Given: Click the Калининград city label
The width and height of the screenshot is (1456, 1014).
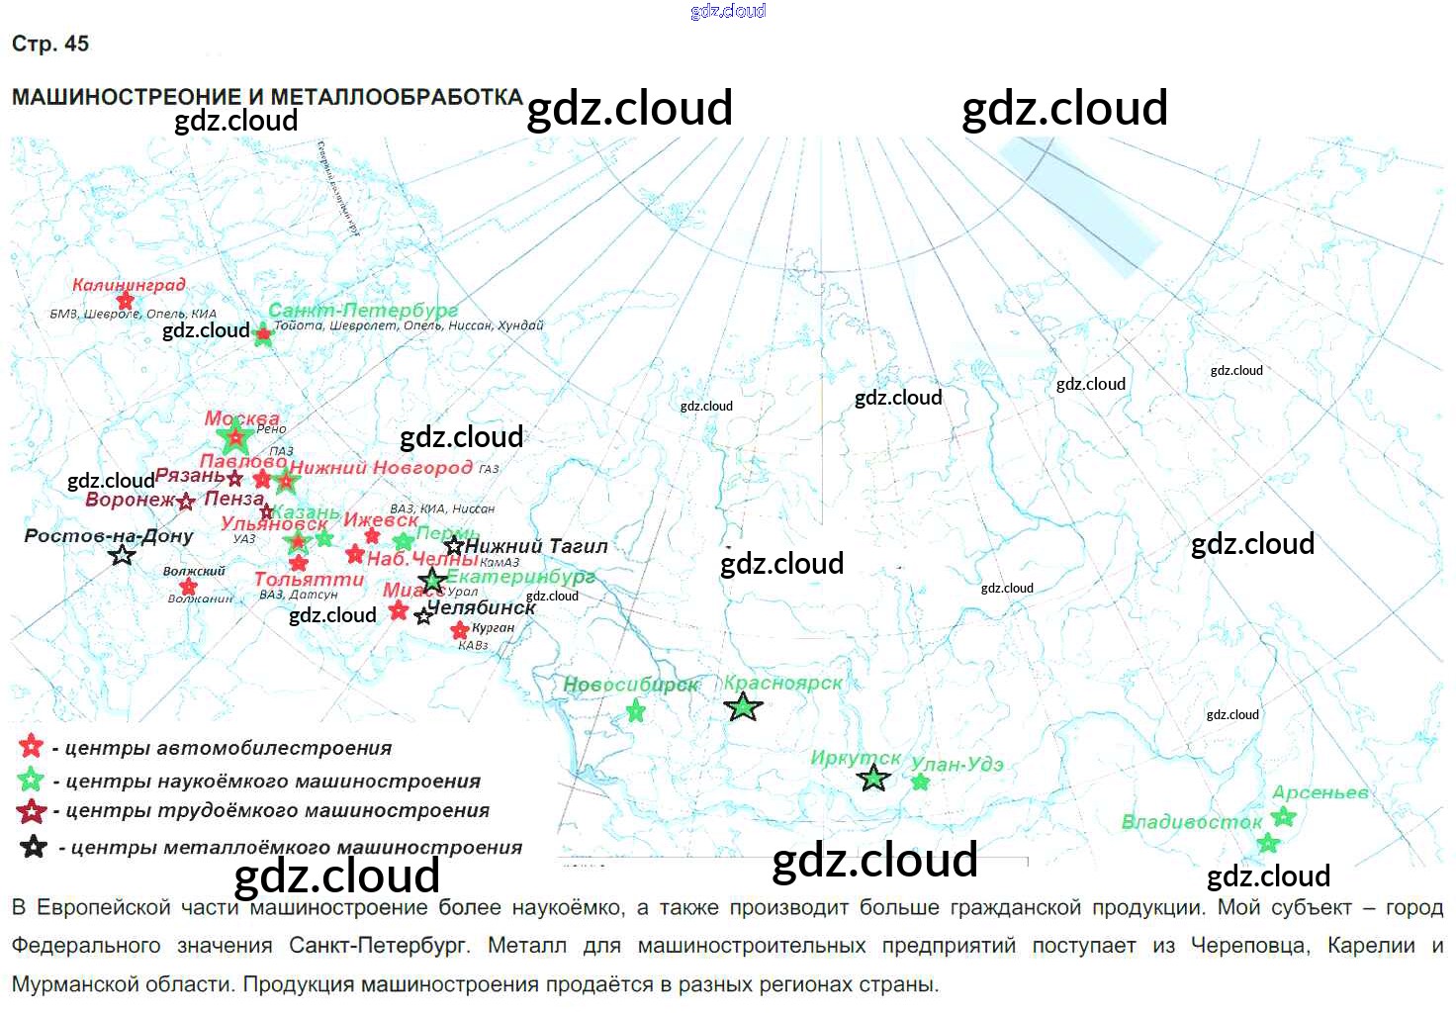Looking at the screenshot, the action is point(129,285).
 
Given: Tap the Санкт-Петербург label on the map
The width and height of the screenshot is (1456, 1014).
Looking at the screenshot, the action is point(363,311).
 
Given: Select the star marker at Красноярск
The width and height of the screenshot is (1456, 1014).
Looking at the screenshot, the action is point(743,706).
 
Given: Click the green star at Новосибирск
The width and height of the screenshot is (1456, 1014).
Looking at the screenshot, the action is point(636,710).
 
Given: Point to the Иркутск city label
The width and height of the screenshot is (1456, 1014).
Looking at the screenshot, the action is point(856,758).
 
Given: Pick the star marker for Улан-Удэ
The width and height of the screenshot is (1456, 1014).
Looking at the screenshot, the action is point(921,783).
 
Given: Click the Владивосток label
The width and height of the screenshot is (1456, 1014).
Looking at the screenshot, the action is point(1191,821).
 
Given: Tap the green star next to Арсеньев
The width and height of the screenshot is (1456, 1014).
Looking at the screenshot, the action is point(1284,816).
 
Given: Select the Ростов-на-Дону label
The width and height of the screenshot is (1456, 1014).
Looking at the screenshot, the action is point(109,536).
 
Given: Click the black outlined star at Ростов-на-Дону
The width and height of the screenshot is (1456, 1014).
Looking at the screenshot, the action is point(123,555).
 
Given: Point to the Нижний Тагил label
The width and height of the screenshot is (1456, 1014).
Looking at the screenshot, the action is point(536,545).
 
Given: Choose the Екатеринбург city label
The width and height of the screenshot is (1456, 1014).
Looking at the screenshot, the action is point(521,576).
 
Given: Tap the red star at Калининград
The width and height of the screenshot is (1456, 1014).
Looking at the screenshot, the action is point(125,301).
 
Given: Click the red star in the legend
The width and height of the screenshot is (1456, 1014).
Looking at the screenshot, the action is point(31,746).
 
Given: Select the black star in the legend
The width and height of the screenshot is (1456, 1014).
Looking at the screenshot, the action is point(34,847).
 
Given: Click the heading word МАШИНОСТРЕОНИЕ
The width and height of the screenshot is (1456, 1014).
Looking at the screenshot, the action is point(127,97).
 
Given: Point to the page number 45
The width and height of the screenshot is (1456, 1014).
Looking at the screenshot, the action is point(76,44).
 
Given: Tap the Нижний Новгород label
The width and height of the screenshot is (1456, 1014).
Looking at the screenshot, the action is point(381,467).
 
